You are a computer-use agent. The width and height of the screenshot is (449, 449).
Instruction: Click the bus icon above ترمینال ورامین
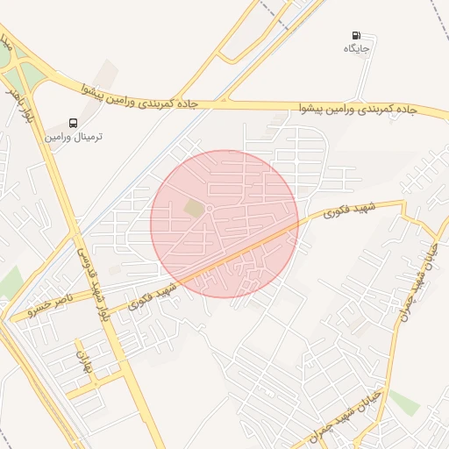pos(73,124)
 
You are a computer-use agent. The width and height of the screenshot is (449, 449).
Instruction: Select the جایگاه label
pos(358,48)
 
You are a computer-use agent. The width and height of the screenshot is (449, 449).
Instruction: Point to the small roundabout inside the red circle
pos(210,208)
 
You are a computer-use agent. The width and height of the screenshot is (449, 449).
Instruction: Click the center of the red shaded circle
pos(224,224)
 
